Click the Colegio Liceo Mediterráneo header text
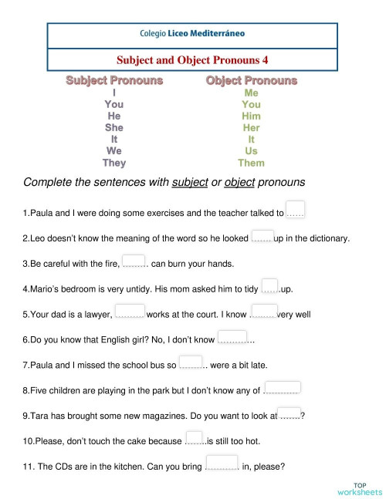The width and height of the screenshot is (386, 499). pos(193,35)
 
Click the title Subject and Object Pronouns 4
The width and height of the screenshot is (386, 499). pos(192,59)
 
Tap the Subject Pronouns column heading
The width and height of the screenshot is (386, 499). pos(113,80)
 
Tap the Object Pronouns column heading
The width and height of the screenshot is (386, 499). pos(251,80)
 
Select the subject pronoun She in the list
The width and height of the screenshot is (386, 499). pos(114,127)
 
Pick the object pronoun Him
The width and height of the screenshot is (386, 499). pos(251,116)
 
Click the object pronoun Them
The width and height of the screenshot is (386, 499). pos(251,163)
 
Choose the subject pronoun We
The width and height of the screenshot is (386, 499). pos(114,151)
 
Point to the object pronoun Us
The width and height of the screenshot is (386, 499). pos(251,151)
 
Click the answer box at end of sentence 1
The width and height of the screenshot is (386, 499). pos(295,209)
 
